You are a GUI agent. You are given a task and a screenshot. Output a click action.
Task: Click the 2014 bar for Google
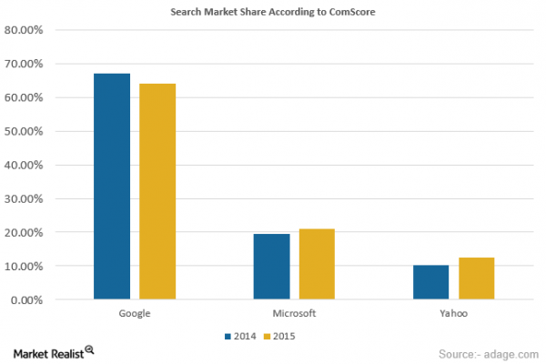(x=112, y=186)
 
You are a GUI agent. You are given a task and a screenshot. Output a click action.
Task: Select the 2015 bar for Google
(x=157, y=191)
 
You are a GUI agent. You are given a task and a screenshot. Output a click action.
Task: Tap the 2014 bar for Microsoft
(x=271, y=266)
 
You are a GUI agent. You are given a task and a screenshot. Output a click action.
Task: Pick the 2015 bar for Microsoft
(x=317, y=263)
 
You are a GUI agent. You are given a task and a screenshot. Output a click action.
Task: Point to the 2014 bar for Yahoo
(x=430, y=281)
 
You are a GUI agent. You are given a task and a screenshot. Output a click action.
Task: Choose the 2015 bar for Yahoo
(x=476, y=278)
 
